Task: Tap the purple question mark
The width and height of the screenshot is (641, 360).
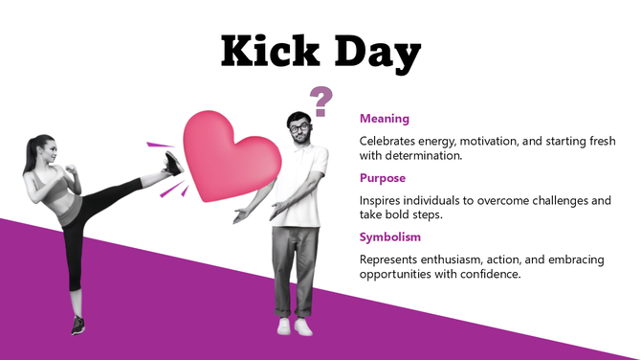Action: pos(321,100)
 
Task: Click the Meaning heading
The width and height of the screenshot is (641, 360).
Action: pos(384,119)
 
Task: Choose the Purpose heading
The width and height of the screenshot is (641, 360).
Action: pos(382,178)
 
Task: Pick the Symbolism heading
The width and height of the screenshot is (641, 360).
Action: pos(389,237)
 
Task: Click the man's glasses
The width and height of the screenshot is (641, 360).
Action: pos(298,126)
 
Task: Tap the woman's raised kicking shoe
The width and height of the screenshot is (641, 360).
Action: pos(173,163)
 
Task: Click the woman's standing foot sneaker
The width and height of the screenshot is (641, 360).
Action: pos(77,325)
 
